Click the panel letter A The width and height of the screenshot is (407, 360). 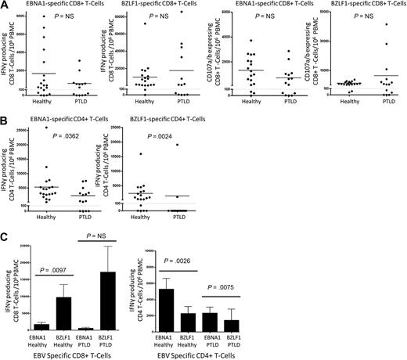pyautogui.click(x=5, y=5)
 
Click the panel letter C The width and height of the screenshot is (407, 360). pyautogui.click(x=5, y=237)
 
